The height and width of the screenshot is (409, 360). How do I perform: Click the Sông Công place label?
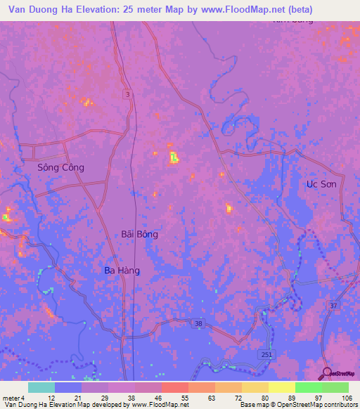pyautogui.click(x=60, y=168)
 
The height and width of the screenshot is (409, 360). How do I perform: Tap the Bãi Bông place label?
pyautogui.click(x=139, y=235)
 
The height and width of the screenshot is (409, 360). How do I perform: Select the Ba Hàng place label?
pyautogui.click(x=122, y=271)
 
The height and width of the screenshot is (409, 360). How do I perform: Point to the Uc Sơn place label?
pyautogui.click(x=321, y=184)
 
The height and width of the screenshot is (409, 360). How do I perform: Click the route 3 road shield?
pyautogui.click(x=127, y=93)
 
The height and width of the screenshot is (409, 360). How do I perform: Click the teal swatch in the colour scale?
pyautogui.click(x=41, y=387)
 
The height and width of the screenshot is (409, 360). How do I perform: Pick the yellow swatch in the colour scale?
pyautogui.click(x=281, y=387)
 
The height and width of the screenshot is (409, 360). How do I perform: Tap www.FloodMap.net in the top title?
pyautogui.click(x=232, y=10)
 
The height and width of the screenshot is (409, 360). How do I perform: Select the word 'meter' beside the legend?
pyautogui.click(x=11, y=398)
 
